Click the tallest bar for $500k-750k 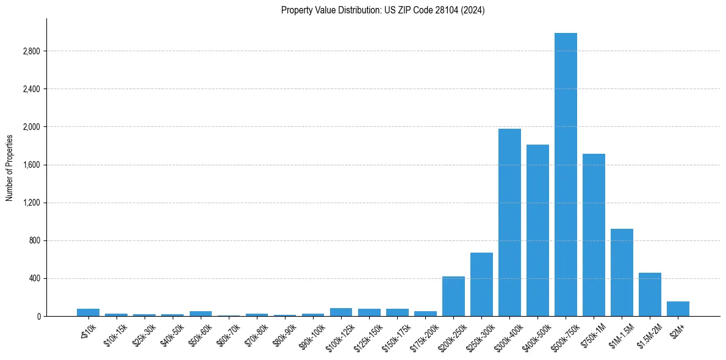point(566,175)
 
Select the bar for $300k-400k point(509,222)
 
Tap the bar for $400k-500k point(537,230)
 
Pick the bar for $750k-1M point(594,235)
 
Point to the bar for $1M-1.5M point(622,272)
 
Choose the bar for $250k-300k point(481,284)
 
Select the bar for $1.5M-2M point(650,294)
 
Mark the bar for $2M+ point(678,309)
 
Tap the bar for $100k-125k point(341,312)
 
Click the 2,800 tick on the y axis point(31,51)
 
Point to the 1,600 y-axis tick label point(31,165)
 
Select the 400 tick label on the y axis point(34,278)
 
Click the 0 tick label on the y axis point(38,316)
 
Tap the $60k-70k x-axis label point(229,333)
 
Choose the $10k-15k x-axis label point(116,333)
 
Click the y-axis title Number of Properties point(9,167)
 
